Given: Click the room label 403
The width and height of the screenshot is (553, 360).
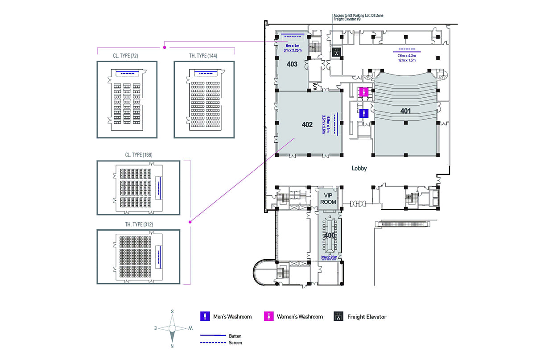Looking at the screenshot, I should click(x=292, y=64).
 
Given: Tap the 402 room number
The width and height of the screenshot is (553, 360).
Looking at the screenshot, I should click(x=307, y=124).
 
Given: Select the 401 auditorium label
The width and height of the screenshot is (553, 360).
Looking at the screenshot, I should click(x=405, y=111).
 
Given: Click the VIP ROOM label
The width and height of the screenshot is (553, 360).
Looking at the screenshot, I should click(x=328, y=199).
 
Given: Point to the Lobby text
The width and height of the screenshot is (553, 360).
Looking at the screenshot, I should click(x=359, y=169).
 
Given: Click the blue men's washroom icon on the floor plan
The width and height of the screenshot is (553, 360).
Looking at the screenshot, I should click(x=364, y=113).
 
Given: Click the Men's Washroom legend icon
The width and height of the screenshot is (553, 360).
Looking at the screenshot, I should click(x=205, y=317).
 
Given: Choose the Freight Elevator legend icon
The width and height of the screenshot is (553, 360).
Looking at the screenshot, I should click(x=338, y=317).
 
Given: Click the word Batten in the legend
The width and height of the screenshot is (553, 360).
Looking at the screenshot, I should click(x=235, y=336).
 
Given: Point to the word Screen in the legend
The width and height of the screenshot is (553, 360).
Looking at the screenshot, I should click(x=235, y=343).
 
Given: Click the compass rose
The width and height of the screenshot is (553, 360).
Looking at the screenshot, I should click(x=173, y=328).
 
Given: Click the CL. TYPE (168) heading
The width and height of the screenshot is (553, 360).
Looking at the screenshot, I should click(x=138, y=155).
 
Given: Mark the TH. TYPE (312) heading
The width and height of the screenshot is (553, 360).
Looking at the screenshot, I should click(x=138, y=224).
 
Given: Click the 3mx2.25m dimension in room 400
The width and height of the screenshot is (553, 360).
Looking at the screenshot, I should click(x=330, y=258).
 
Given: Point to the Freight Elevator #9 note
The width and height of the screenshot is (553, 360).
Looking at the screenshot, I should click(x=347, y=20).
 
